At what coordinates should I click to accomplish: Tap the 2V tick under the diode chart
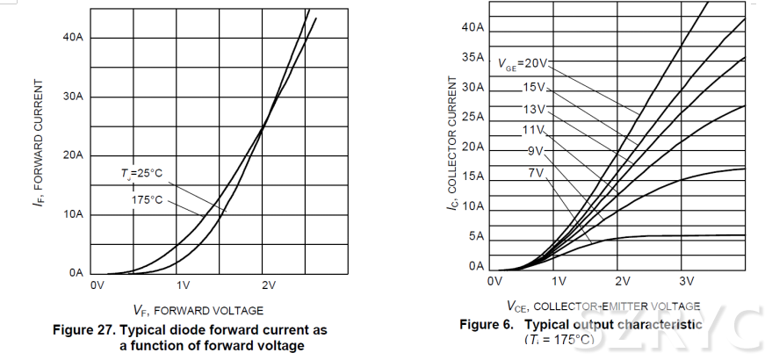click(x=268, y=286)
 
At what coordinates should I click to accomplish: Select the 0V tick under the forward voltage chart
click(x=97, y=286)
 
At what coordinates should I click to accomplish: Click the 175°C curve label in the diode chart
click(x=147, y=200)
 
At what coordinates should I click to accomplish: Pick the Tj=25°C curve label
click(x=142, y=173)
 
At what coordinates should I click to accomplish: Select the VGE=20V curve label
click(x=522, y=63)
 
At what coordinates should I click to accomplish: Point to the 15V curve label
click(x=534, y=87)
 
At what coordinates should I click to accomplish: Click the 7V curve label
click(x=536, y=173)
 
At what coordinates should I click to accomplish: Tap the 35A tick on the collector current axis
click(x=473, y=58)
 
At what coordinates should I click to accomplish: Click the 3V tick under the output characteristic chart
click(x=687, y=281)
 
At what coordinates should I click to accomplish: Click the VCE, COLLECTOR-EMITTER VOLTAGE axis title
click(x=603, y=306)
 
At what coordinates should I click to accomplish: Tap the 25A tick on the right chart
click(x=473, y=117)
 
